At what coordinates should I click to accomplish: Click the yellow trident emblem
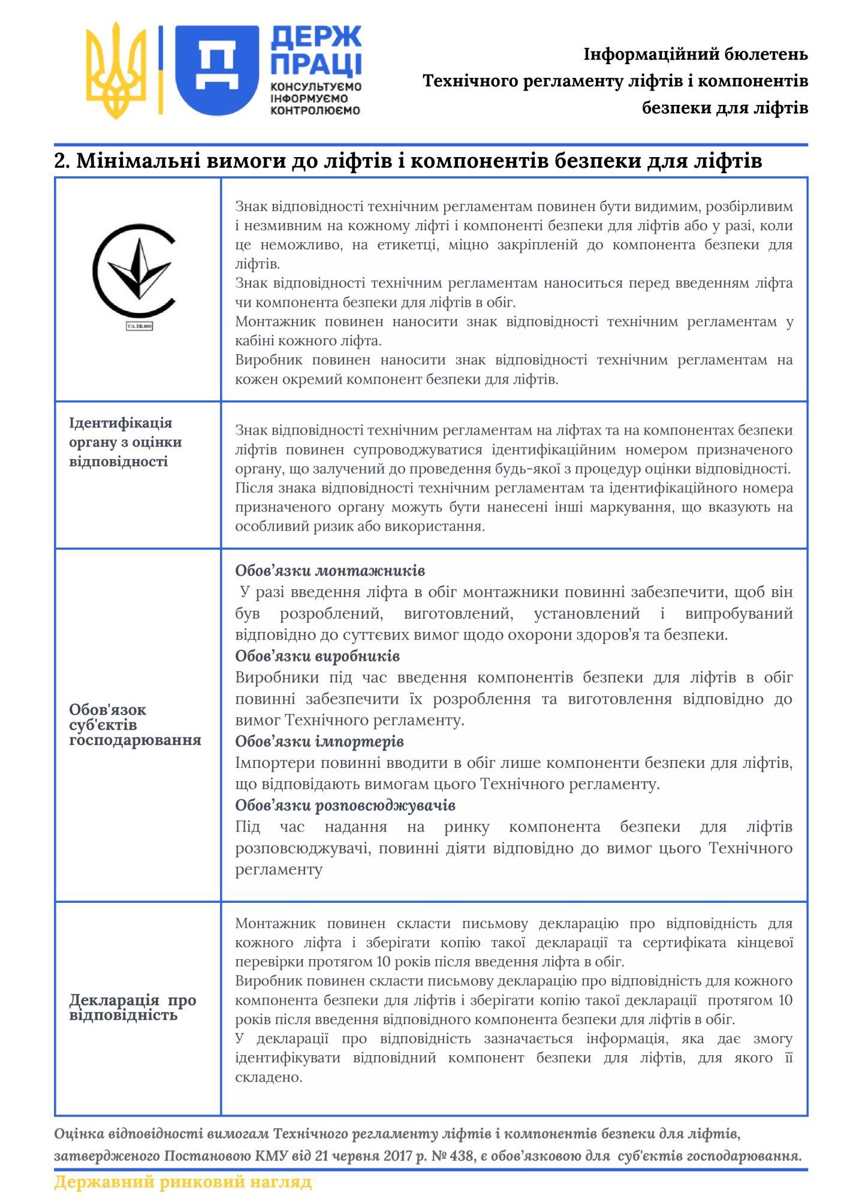point(116,71)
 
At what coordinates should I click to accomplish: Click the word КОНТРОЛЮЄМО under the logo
point(316,110)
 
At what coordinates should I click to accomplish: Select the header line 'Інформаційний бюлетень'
point(695,55)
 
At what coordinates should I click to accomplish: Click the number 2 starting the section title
point(60,161)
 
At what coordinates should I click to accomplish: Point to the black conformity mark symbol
point(134,270)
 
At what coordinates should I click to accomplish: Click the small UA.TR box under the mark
point(139,326)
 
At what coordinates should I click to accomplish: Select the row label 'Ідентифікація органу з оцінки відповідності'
point(125,442)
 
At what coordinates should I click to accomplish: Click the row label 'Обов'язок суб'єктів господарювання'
point(135,724)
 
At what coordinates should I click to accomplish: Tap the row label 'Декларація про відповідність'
point(132,1007)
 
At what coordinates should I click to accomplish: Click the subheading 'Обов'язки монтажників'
point(330,570)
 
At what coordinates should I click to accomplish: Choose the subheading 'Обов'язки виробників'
point(317,656)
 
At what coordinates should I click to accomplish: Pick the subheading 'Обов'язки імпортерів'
point(319,742)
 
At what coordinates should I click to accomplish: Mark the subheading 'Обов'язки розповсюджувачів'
point(345,805)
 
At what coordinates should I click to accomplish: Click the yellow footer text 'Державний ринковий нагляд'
point(183,1182)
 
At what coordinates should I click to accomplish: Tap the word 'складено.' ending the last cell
point(269,1077)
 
